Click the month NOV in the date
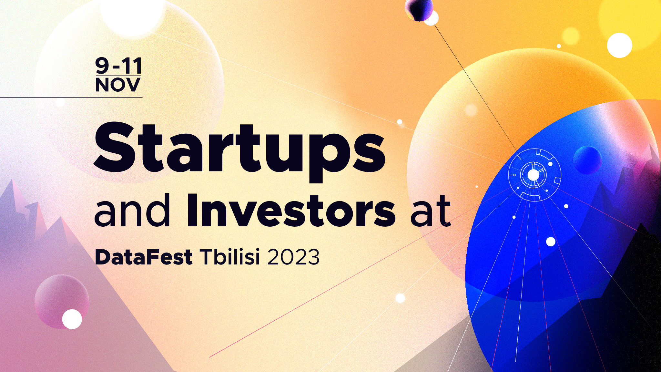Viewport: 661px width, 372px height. tap(118, 85)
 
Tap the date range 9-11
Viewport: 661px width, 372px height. tap(118, 66)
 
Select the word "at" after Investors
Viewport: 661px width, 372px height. tap(431, 212)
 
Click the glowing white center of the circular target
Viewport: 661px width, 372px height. tap(533, 175)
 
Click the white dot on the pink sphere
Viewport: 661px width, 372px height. tap(72, 319)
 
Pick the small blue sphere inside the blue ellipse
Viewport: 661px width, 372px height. tap(587, 160)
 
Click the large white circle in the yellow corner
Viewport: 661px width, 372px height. tap(619, 45)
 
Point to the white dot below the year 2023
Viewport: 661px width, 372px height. tap(400, 298)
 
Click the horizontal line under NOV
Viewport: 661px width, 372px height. tap(71, 97)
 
